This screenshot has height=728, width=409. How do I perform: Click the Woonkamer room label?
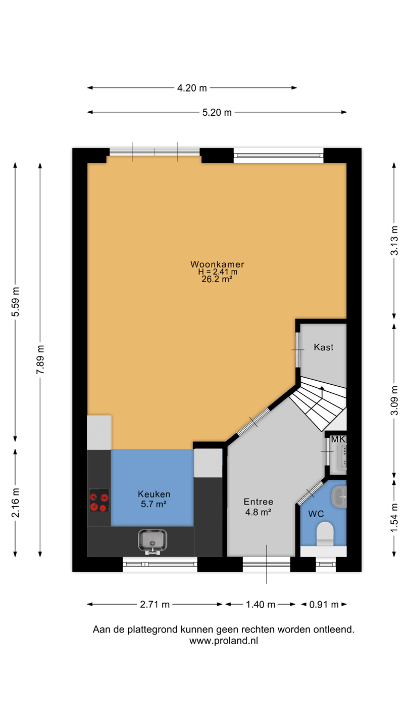coord(217,264)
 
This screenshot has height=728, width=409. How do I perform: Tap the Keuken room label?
coord(154,494)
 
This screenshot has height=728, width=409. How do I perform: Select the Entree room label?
coord(259,502)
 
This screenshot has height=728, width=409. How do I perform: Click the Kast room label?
coord(323,347)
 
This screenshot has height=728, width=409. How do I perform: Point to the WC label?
coord(316,514)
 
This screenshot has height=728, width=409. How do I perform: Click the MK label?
coord(338,439)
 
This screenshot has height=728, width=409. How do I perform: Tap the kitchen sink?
coord(152,541)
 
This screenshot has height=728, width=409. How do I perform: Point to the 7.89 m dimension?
coord(40,359)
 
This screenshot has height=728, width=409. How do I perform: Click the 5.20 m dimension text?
coord(217,112)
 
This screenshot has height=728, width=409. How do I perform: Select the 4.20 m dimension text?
coord(192,88)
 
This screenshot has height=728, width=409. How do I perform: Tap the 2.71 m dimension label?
coord(155,605)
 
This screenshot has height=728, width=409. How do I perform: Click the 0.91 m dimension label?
coord(324,605)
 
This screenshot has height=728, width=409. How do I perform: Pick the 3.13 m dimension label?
coord(394,241)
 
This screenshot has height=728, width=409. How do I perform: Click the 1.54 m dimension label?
coord(394,518)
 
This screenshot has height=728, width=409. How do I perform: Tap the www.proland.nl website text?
coord(224,641)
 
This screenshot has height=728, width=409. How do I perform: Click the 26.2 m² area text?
coord(217,279)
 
